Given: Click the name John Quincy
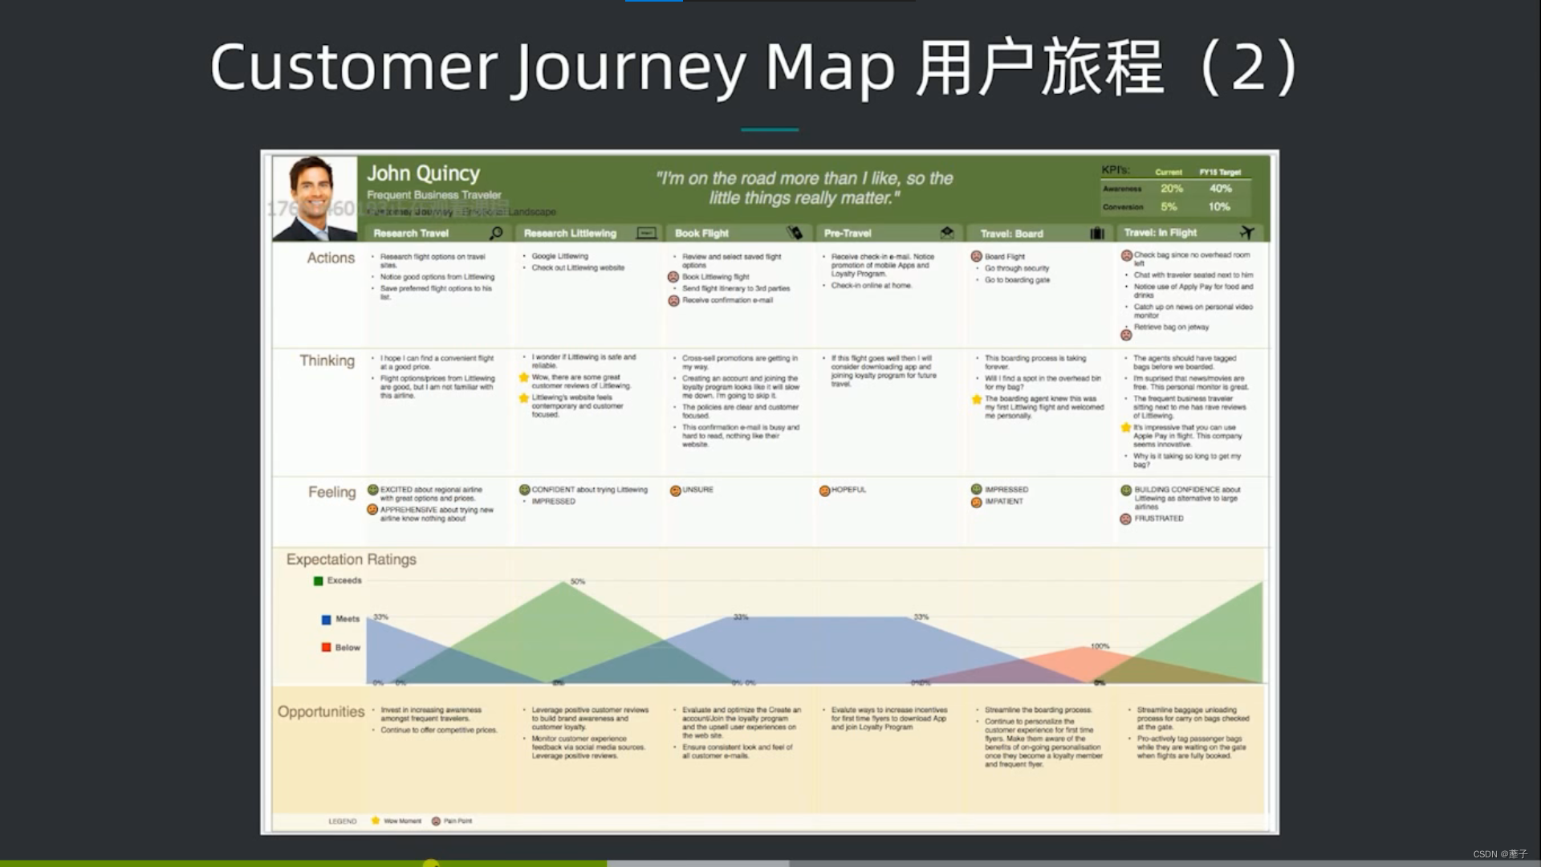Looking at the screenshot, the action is click(423, 173).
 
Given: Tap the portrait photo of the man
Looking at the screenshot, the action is click(315, 197).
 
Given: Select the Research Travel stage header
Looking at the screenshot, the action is click(411, 234).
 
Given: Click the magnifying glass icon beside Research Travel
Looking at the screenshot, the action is click(497, 233).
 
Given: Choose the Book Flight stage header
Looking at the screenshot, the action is click(701, 234).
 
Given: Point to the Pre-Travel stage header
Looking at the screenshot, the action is click(848, 234).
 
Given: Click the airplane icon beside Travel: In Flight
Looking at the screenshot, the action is click(1246, 232).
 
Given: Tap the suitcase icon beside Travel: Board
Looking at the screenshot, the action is click(1097, 234).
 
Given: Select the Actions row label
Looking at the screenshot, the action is click(331, 258).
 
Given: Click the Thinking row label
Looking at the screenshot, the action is click(327, 360).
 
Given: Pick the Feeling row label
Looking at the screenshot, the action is click(331, 492).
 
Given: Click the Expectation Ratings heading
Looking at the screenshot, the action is click(352, 560).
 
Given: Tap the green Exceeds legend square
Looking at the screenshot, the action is click(319, 580).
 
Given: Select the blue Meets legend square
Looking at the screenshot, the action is click(326, 619).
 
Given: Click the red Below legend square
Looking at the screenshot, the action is click(326, 647).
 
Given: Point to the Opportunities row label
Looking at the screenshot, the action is click(321, 711).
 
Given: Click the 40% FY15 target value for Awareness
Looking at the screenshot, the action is click(1220, 189).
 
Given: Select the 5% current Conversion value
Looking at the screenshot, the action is click(1169, 207).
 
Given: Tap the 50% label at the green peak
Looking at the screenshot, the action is click(578, 581).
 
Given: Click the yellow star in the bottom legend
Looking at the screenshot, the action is click(375, 820).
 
